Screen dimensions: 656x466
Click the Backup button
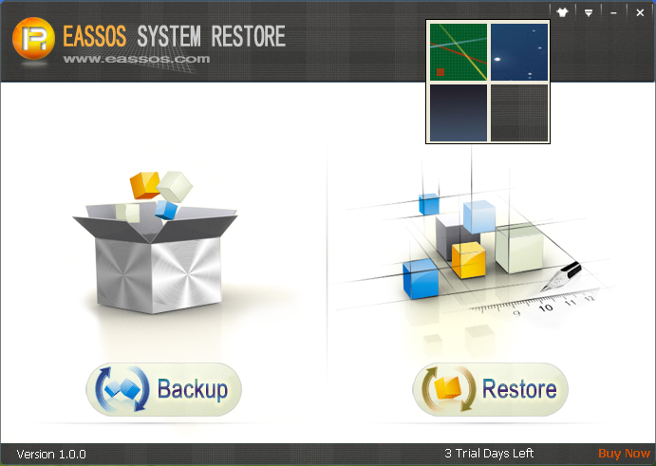tap(163, 389)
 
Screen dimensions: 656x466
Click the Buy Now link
tap(624, 454)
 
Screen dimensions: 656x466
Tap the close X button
tap(640, 13)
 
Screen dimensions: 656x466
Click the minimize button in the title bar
tap(613, 13)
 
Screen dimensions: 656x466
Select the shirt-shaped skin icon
tap(562, 12)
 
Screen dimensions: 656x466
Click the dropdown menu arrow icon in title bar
tap(589, 13)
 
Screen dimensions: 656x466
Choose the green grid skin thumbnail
tap(459, 52)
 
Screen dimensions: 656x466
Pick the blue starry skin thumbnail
tap(519, 52)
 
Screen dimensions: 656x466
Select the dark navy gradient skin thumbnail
tap(459, 113)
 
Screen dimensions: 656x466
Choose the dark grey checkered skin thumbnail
tap(519, 113)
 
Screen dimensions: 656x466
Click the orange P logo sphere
tap(33, 38)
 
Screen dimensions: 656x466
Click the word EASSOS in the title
tap(95, 36)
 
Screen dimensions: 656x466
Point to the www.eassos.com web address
tap(137, 59)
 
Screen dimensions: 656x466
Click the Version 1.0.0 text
tap(51, 454)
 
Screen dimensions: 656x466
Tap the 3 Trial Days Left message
tap(489, 454)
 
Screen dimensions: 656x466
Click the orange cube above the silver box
tap(144, 185)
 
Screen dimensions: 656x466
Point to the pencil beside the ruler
tap(561, 276)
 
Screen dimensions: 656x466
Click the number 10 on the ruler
tap(546, 308)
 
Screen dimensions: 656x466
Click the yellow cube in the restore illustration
tap(469, 260)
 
